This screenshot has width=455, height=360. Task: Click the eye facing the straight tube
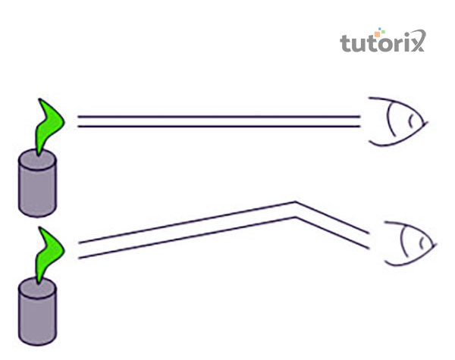click(x=398, y=121)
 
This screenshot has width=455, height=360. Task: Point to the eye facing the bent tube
click(x=408, y=243)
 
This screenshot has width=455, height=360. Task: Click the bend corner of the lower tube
click(x=295, y=209)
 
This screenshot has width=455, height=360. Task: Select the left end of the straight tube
click(x=79, y=121)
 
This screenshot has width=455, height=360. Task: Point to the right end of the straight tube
click(x=358, y=121)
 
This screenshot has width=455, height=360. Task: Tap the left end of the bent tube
click(x=80, y=250)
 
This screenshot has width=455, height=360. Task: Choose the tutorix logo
click(x=382, y=41)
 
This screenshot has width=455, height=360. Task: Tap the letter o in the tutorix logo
click(x=383, y=43)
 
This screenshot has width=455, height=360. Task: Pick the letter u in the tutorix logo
click(x=358, y=43)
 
